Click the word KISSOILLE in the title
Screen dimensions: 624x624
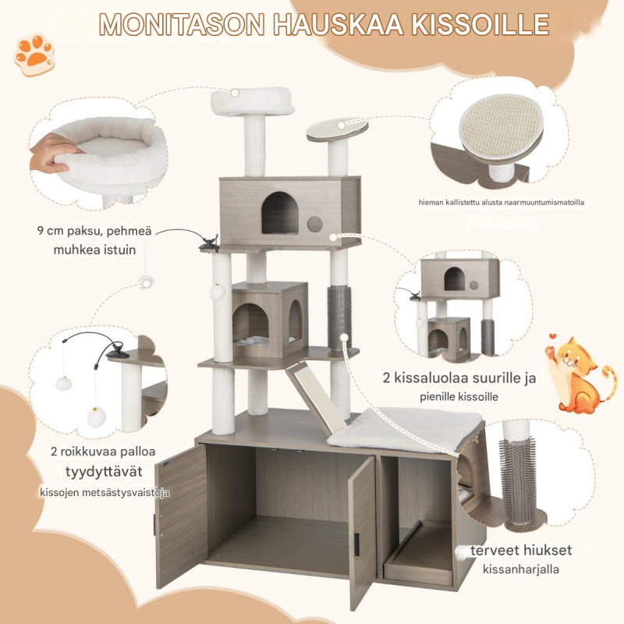(x=480, y=25)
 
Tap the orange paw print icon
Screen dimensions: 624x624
(x=34, y=54)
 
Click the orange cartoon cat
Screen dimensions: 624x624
(x=580, y=374)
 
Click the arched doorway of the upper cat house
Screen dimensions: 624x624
(x=280, y=213)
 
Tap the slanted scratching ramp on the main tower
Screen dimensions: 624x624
(x=314, y=398)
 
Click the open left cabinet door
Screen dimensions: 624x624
(x=181, y=516)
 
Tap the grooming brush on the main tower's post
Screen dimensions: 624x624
(x=339, y=317)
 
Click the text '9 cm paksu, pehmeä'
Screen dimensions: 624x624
(x=94, y=231)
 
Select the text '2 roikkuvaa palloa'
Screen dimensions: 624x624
(x=103, y=452)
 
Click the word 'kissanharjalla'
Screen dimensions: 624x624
(x=521, y=569)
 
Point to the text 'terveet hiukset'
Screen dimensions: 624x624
(x=521, y=551)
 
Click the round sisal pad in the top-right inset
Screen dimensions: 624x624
(x=501, y=126)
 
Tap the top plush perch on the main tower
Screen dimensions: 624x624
(x=252, y=101)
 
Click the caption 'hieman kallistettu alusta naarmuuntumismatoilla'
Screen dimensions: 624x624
(x=502, y=202)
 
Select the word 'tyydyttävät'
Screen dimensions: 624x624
(x=104, y=472)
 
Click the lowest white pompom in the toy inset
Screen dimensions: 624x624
(x=97, y=417)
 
